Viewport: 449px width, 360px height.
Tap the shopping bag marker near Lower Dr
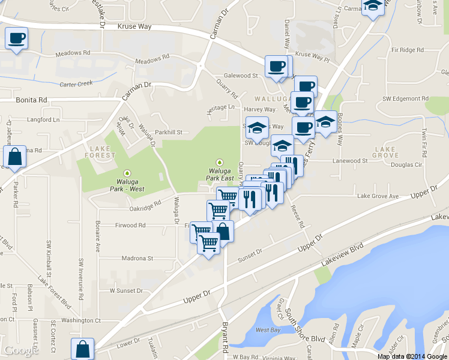[83, 349]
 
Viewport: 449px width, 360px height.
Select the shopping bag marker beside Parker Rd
[14, 157]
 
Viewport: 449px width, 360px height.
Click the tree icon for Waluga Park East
[220, 162]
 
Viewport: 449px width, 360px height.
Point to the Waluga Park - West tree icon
[127, 173]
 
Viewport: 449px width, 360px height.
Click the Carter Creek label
[76, 84]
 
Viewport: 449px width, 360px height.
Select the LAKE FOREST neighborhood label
[102, 151]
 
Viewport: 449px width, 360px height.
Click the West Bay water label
[268, 331]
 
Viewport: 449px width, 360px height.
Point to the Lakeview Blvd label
[343, 253]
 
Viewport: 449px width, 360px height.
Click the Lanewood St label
[350, 161]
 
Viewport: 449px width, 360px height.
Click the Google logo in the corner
[21, 350]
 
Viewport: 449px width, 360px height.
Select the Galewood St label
[240, 76]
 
